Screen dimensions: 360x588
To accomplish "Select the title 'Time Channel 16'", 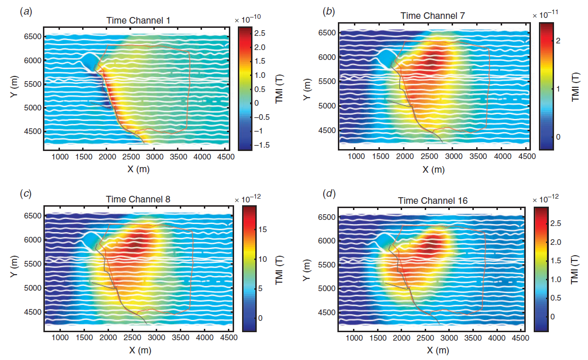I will point(433,201).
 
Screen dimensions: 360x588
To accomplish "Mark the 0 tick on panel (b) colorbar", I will point(545,137).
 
